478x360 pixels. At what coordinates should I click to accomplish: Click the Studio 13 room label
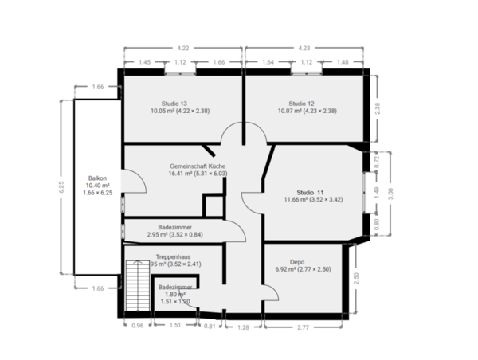(174, 104)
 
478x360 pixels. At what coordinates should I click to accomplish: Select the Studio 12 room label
(301, 104)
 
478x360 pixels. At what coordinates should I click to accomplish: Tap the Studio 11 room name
(310, 193)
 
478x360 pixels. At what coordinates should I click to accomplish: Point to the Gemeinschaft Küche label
(177, 164)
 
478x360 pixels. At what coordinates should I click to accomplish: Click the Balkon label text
(97, 178)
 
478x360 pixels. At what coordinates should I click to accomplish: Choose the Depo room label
(297, 261)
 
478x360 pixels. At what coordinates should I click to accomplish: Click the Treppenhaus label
(173, 257)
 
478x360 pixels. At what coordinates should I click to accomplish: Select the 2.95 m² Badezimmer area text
(174, 235)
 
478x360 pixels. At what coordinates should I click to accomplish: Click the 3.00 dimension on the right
(390, 192)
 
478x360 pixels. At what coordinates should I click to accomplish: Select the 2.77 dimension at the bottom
(304, 327)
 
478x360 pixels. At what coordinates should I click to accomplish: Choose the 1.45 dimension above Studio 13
(144, 62)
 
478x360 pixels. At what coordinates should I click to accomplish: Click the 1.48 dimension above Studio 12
(343, 62)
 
